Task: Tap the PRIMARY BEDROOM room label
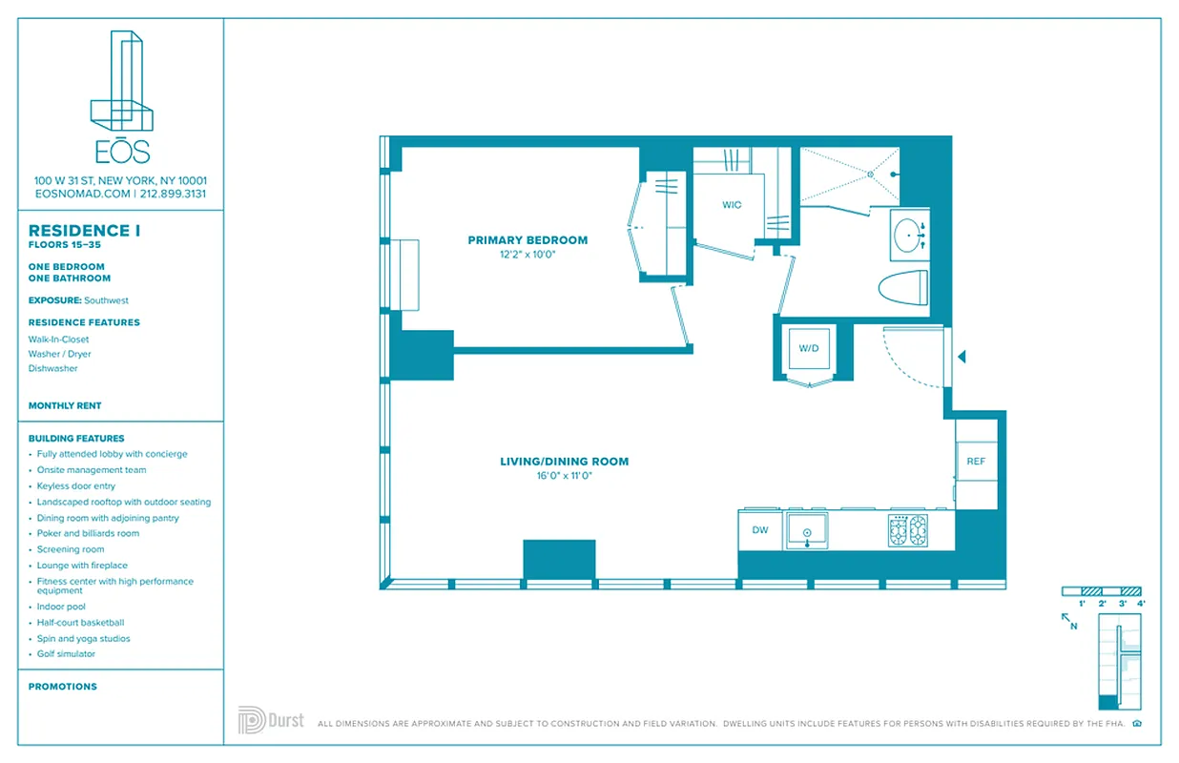tap(527, 240)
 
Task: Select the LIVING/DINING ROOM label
tap(564, 462)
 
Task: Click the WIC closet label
tap(732, 205)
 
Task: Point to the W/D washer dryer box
tap(809, 349)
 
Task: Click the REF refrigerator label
tap(975, 462)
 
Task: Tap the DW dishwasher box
tap(760, 530)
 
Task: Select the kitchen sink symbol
tap(807, 531)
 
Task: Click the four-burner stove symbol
tap(908, 530)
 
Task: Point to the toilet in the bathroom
tap(902, 286)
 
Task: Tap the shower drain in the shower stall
tap(870, 175)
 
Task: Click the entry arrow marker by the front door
tap(962, 357)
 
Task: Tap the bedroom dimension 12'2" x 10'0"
tap(527, 255)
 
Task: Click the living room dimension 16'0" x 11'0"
tap(564, 476)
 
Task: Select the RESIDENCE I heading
tap(78, 231)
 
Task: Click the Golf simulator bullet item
tap(66, 654)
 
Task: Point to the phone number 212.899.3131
tap(173, 194)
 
